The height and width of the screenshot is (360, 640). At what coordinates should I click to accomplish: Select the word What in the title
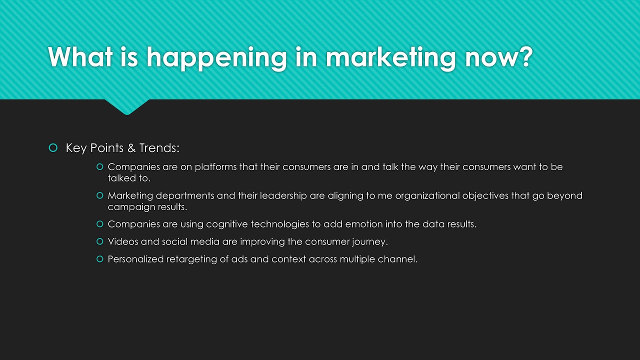pos(80,57)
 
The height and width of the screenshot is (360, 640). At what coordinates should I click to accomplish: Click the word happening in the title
pos(216,57)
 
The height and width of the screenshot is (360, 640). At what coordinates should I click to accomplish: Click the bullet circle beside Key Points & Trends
pos(53,147)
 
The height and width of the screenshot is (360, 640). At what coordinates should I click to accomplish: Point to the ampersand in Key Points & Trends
pos(131,148)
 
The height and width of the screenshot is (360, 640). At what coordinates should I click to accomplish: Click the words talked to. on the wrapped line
pos(129,178)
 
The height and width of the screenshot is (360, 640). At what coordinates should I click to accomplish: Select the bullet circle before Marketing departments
pos(99,195)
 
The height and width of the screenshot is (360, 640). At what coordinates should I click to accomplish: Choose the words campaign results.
pos(147,207)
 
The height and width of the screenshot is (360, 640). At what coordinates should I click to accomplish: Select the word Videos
pos(123,241)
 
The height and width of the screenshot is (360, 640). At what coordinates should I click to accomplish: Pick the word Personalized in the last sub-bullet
pos(135,259)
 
